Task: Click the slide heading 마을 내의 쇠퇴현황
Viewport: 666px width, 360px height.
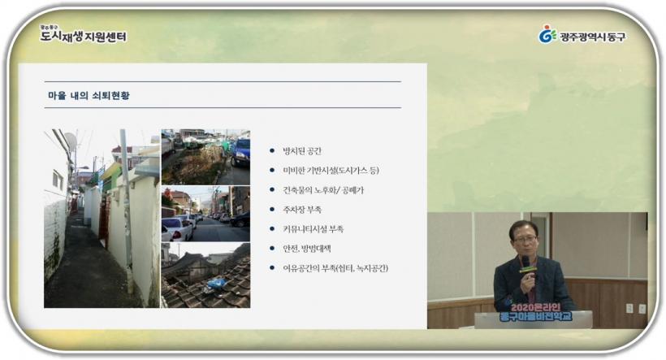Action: pyautogui.click(x=89, y=95)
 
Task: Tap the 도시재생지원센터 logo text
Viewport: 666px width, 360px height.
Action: pyautogui.click(x=83, y=36)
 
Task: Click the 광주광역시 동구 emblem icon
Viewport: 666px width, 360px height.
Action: pyautogui.click(x=547, y=34)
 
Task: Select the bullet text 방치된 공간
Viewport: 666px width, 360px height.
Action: pyautogui.click(x=302, y=151)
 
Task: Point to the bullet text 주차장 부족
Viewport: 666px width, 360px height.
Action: pyautogui.click(x=302, y=210)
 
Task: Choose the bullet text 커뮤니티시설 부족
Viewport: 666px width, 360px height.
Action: pyautogui.click(x=313, y=229)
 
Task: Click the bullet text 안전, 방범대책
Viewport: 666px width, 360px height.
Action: pyautogui.click(x=307, y=249)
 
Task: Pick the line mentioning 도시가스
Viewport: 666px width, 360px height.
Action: pyautogui.click(x=331, y=171)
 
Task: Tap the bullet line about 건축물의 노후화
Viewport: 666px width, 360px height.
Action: pyautogui.click(x=323, y=190)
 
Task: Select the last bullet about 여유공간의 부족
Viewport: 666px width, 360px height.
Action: pyautogui.click(x=335, y=268)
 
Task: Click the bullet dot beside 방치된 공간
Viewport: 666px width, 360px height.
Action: pyautogui.click(x=272, y=151)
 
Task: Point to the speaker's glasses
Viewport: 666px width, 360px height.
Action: pyautogui.click(x=525, y=239)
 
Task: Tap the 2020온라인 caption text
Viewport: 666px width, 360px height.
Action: pyautogui.click(x=535, y=307)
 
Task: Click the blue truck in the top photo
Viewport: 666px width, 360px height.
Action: pyautogui.click(x=240, y=153)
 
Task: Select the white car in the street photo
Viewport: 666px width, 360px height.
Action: pyautogui.click(x=177, y=228)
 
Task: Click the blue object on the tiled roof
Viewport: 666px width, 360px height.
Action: pyautogui.click(x=217, y=283)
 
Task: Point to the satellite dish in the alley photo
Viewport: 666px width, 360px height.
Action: pyautogui.click(x=71, y=141)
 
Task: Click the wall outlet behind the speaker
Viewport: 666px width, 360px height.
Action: pyautogui.click(x=629, y=308)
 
